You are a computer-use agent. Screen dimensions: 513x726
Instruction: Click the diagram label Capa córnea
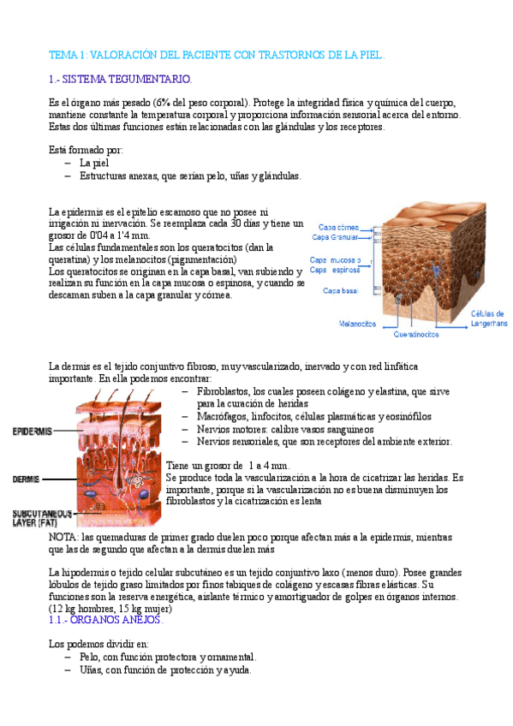(x=340, y=227)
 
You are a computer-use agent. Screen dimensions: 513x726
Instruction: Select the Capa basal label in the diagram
(x=340, y=291)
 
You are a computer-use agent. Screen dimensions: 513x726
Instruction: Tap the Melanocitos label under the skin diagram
(x=358, y=324)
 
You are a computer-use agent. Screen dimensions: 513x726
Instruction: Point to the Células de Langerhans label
(x=488, y=318)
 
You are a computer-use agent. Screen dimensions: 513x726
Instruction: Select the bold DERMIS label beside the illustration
(x=26, y=479)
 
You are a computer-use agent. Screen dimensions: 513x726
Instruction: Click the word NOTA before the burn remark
(x=63, y=538)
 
